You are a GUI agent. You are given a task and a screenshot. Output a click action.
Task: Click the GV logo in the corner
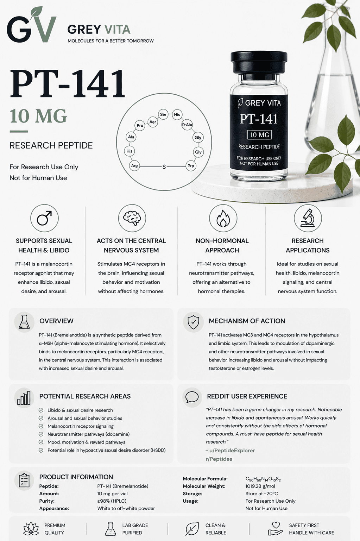[x=32, y=25]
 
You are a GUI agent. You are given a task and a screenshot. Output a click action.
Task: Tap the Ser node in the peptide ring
[x=163, y=114]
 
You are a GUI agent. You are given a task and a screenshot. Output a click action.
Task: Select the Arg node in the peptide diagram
[x=134, y=166]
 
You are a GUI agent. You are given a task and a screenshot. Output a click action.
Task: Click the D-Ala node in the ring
[x=187, y=125]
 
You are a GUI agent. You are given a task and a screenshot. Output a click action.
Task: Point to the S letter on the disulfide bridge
[x=164, y=166]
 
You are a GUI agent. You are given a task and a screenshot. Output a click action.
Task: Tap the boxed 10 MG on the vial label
[x=259, y=135]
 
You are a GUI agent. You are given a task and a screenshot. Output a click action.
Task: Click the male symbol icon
[x=44, y=218]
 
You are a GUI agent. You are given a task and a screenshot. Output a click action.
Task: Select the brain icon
[x=132, y=218]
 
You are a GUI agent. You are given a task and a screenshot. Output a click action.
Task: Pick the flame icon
[x=223, y=218]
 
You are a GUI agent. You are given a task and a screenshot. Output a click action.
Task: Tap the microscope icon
[x=308, y=218]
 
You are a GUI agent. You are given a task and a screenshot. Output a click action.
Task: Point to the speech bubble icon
[x=192, y=397]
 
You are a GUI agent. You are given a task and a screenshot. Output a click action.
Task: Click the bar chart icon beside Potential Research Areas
[x=24, y=398]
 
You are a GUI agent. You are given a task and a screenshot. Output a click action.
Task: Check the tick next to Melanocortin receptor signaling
[x=41, y=426]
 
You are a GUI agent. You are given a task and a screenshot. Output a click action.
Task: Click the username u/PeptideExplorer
[x=230, y=451]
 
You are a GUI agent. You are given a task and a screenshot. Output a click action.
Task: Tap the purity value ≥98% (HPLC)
[x=112, y=501]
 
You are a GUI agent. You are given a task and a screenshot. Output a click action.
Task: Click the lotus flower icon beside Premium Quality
[x=31, y=529]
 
